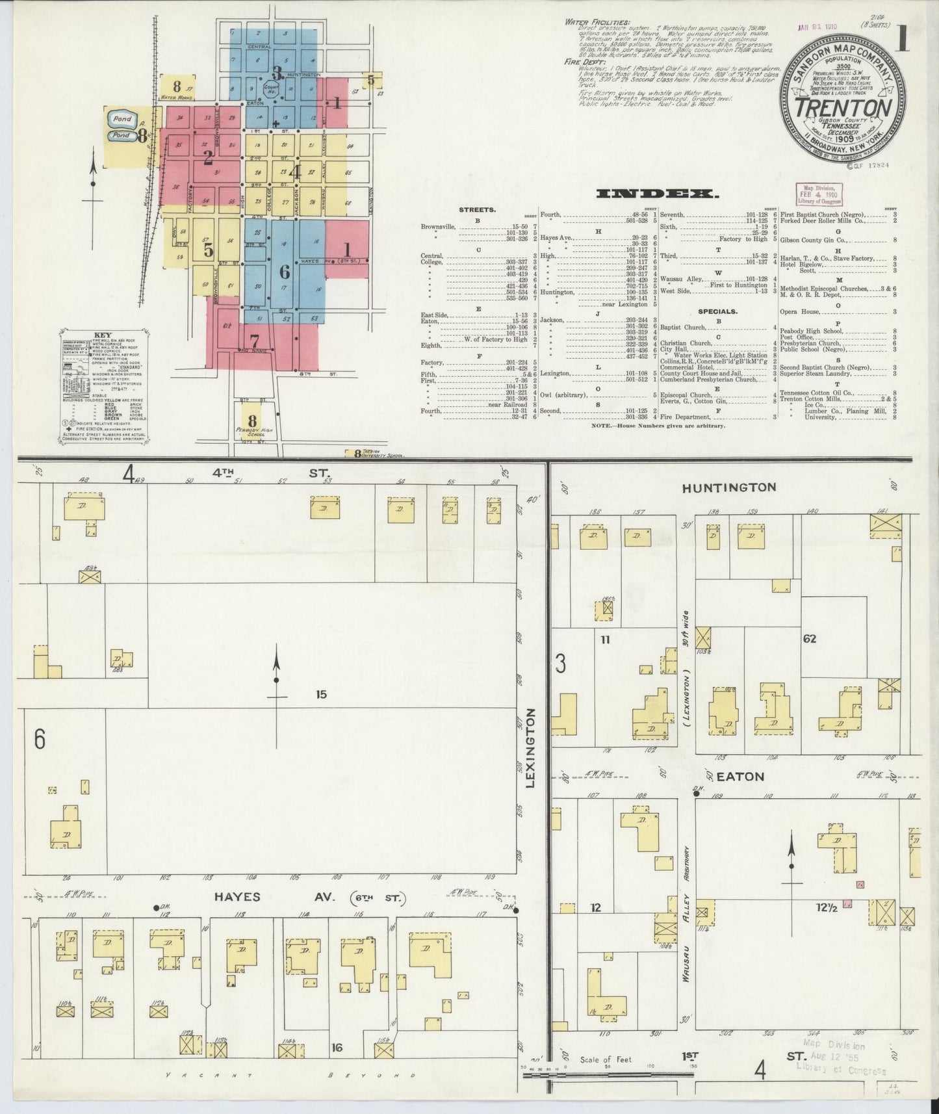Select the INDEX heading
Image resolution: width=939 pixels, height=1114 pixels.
[x=657, y=194]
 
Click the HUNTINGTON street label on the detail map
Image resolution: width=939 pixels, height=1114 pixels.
[x=729, y=487]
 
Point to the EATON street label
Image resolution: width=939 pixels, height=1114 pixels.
[x=732, y=777]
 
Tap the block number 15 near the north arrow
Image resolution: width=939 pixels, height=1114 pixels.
[x=321, y=694]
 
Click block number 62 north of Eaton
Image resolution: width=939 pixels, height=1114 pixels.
[x=809, y=639]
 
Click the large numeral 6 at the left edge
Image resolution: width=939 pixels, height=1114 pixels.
[x=40, y=740]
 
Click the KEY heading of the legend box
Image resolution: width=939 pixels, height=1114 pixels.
[x=103, y=336]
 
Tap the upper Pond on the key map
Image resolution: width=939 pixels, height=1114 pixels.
[x=122, y=120]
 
